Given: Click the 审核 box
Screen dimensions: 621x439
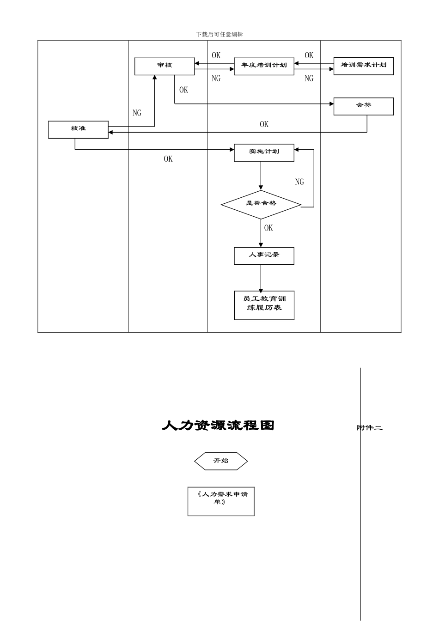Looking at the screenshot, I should [x=165, y=66].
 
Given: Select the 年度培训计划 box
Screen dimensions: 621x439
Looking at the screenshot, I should [x=264, y=66].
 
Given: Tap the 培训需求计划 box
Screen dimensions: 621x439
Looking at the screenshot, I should [x=363, y=66].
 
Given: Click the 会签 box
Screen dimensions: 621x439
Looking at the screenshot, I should [x=363, y=106].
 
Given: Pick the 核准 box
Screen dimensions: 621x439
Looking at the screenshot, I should [x=78, y=129].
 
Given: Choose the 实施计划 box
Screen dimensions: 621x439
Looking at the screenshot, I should [x=264, y=152].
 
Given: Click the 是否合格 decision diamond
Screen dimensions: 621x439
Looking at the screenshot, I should [x=261, y=204].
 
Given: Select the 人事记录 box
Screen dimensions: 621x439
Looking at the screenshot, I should [x=264, y=256].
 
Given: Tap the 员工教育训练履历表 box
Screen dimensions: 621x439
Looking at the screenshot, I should [x=264, y=305].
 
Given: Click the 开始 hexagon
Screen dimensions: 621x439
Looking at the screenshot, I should [x=221, y=461].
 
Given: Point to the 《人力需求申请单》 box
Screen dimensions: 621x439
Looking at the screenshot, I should [x=221, y=501].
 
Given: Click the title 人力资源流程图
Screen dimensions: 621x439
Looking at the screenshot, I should [x=218, y=426].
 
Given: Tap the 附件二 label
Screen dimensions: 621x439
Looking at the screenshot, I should [x=370, y=428].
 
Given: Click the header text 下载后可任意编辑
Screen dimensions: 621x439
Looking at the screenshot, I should [x=219, y=35].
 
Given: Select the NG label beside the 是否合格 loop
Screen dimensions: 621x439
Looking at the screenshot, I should [x=299, y=182].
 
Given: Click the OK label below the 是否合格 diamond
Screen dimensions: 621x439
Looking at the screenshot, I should [x=268, y=228].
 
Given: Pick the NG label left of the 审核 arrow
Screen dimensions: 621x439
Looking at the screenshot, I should [x=137, y=113].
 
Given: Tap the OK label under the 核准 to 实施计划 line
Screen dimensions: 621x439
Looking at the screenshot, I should [x=168, y=159].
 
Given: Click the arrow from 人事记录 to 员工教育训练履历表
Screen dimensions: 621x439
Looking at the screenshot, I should [x=261, y=278].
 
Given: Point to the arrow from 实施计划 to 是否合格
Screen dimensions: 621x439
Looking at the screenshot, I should [x=261, y=176].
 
